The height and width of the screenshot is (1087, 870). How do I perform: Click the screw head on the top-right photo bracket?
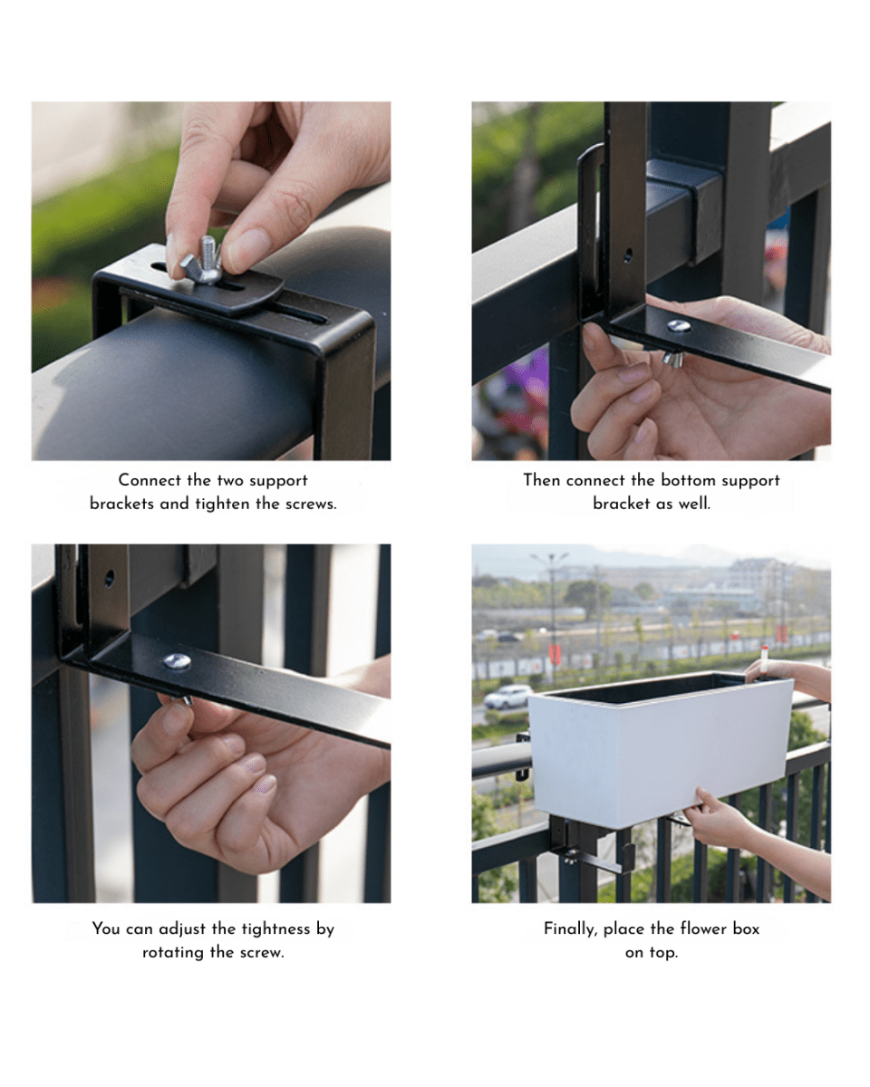coord(678,326)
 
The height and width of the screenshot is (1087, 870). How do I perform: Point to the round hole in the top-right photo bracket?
coord(627,255)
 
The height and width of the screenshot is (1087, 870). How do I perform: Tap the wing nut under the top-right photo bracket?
coord(672,359)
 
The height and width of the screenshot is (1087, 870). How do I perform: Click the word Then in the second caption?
coord(542,480)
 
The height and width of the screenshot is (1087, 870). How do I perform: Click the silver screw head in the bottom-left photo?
coord(177,660)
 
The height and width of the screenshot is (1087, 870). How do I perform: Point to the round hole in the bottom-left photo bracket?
coord(109,578)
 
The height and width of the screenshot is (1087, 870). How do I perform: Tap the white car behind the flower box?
coord(507,697)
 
